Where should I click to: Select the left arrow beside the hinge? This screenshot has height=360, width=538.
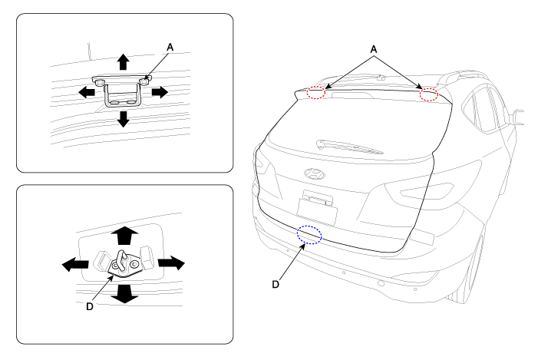coord(85,91)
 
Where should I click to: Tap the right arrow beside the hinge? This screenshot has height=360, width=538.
coord(159,91)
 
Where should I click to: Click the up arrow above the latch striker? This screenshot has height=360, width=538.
coord(123,234)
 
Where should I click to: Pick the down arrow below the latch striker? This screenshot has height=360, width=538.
coord(123,292)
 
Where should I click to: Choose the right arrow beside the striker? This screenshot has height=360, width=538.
coord(172,263)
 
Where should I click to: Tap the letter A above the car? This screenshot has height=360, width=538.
coord(374,49)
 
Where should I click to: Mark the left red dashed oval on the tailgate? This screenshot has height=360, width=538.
coord(316,93)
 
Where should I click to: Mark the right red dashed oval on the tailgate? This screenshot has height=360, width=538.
coord(429,94)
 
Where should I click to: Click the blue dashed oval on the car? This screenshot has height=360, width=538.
coord(310,234)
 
